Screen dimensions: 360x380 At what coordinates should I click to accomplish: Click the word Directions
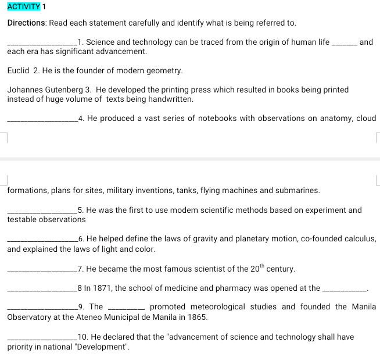tap(26, 23)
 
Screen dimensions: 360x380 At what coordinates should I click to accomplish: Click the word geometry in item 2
tap(164, 70)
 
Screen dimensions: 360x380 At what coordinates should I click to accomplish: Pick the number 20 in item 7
tap(256, 269)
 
